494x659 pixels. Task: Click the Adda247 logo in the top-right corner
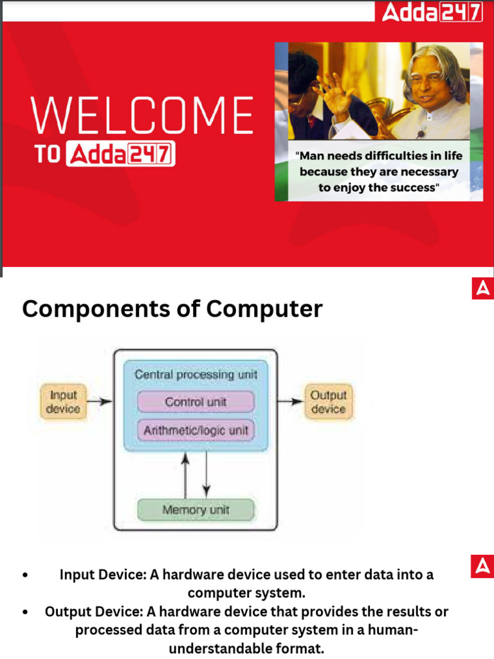point(432,12)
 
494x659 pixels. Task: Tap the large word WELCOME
point(142,116)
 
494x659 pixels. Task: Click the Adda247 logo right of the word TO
point(120,155)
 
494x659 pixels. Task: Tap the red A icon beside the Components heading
point(482,289)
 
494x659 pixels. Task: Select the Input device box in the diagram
point(63,401)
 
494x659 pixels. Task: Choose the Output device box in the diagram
point(328,402)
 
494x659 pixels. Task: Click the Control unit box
point(196,402)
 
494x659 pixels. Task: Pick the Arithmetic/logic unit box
point(196,430)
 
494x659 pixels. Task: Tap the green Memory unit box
point(196,510)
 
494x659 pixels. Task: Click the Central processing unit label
point(196,374)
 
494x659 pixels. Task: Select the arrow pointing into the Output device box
point(291,402)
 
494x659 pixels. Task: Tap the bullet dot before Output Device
point(24,612)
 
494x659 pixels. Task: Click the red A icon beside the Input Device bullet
point(482,566)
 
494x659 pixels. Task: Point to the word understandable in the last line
point(246,648)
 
